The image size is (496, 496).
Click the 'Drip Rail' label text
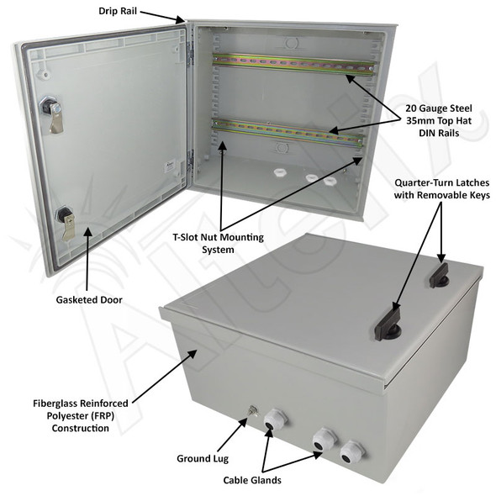(x=113, y=13)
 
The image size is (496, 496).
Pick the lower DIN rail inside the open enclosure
(x=290, y=133)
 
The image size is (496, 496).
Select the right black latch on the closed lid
(x=438, y=272)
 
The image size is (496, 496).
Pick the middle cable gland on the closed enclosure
(x=322, y=441)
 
